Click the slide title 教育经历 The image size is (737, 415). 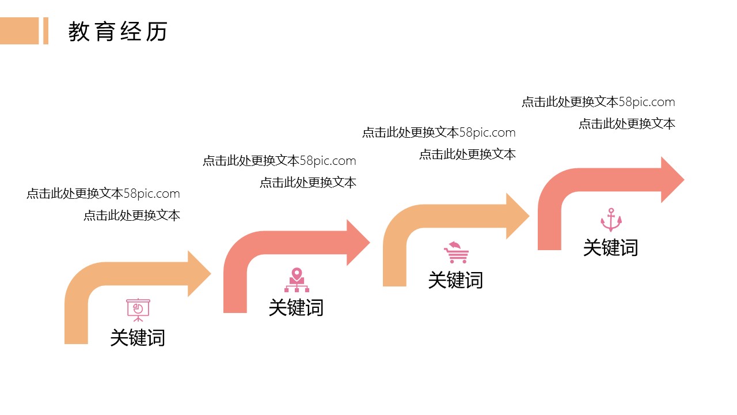tap(117, 32)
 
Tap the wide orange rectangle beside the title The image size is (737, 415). tap(19, 31)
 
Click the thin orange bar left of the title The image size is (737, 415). tap(45, 31)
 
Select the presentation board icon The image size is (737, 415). tap(138, 310)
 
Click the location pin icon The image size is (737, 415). tap(297, 280)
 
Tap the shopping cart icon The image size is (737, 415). tap(456, 252)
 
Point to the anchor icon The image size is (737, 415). tap(611, 220)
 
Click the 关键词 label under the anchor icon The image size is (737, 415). tap(610, 248)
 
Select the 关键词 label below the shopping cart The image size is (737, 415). tap(455, 280)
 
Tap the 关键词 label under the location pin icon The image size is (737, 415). tap(296, 307)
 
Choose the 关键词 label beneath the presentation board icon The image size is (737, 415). tap(138, 337)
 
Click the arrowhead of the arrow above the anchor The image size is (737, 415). tap(671, 180)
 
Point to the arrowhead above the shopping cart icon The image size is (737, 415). tap(516, 216)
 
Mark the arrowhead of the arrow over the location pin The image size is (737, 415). tap(357, 243)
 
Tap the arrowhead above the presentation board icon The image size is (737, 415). tap(199, 274)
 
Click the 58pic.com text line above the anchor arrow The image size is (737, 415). tap(598, 102)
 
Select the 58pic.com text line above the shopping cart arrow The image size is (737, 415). tap(439, 133)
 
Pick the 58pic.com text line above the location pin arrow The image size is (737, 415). tap(279, 161)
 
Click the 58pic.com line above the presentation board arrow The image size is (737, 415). tap(103, 194)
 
